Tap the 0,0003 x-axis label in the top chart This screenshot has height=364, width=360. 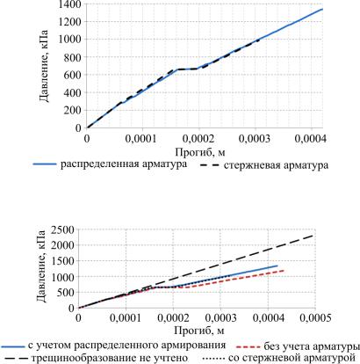(255, 139)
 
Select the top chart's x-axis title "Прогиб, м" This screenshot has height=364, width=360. (200, 152)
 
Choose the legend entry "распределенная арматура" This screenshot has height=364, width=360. (124, 164)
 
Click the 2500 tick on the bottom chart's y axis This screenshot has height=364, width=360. (62, 229)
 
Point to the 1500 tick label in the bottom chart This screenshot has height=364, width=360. (62, 261)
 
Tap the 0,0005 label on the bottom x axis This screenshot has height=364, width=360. (315, 318)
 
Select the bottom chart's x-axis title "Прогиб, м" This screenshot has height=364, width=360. (200, 331)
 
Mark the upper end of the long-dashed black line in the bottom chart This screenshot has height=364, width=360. (313, 236)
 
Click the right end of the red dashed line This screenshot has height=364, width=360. (284, 270)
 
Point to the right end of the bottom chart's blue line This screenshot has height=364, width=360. (277, 266)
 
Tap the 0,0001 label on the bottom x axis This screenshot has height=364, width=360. (126, 318)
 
